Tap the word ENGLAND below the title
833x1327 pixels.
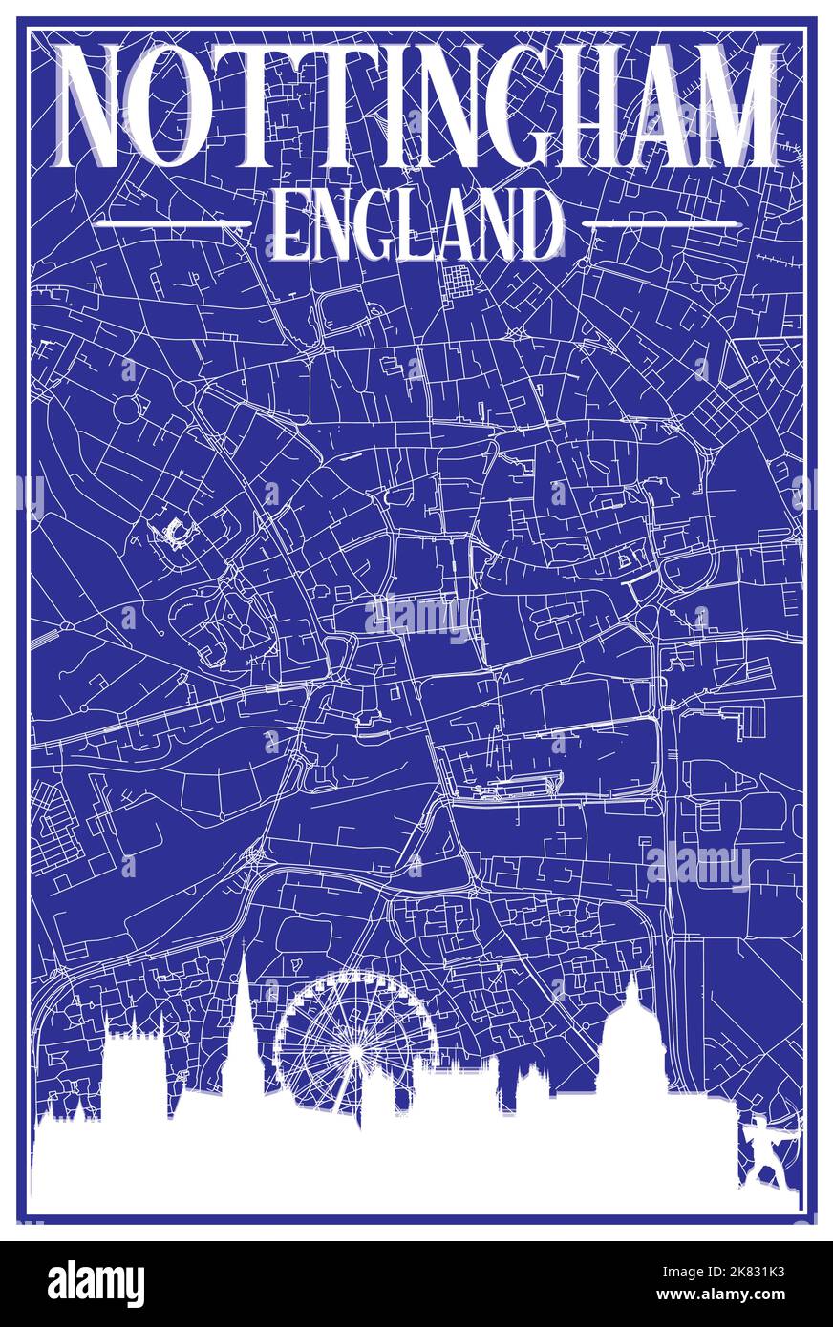point(417,225)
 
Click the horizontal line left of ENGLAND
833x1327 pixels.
point(172,223)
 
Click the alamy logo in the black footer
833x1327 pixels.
point(96,1284)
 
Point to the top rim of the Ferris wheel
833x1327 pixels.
point(355,974)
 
